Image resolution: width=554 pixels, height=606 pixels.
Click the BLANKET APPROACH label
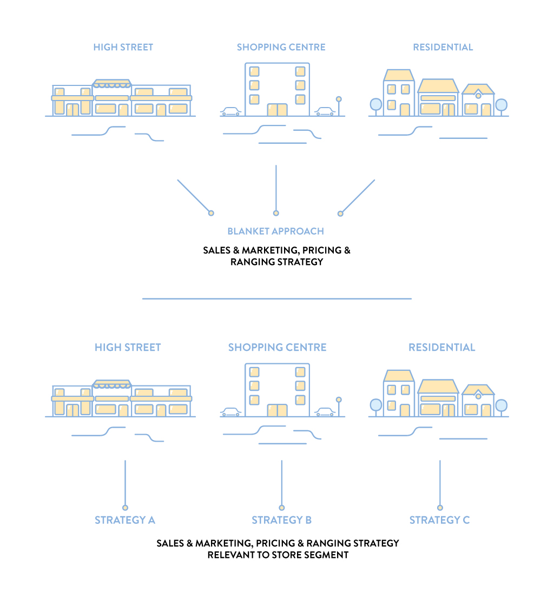pos(275,231)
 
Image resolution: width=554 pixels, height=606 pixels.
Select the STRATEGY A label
pos(125,520)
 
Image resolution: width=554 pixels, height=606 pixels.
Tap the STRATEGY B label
pos(281,520)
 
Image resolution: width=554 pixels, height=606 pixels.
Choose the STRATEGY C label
pos(439,520)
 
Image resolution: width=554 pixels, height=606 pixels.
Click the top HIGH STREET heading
pos(123,47)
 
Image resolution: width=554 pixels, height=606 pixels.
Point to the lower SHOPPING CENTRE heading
pos(277,347)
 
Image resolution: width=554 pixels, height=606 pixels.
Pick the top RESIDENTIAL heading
pos(443,47)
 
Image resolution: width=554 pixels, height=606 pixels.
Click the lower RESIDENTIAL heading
pos(441,347)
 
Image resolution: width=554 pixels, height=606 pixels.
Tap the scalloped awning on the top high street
pos(112,84)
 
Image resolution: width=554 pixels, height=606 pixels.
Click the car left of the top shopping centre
pos(230,111)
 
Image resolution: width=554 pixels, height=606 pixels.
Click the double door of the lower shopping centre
pos(278,410)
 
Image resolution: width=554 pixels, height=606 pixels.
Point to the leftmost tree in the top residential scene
pos(375,105)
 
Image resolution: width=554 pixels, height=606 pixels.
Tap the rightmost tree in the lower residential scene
pos(501,405)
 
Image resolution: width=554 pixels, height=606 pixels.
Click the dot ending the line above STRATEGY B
pos(281,508)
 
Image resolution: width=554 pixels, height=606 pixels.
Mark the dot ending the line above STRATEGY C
pos(440,508)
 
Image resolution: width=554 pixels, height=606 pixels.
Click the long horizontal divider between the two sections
pos(277,298)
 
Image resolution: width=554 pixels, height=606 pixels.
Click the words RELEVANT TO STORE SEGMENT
pos(278,555)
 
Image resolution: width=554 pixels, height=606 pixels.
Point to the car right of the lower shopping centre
pos(325,412)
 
